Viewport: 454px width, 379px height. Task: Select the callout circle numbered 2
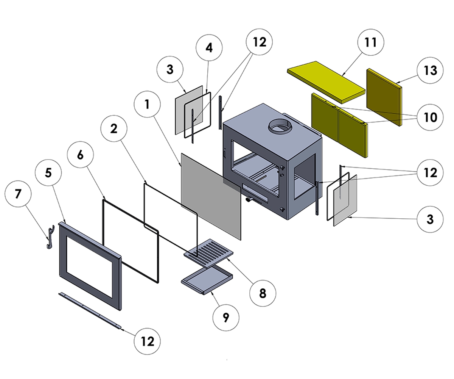[x=114, y=129]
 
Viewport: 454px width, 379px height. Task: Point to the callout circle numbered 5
[x=48, y=173]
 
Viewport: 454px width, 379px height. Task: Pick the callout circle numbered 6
[x=80, y=155]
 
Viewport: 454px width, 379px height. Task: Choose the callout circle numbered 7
[x=18, y=194]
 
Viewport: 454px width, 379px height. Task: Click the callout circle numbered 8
[x=263, y=293]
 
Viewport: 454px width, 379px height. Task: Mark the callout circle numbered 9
[x=226, y=317]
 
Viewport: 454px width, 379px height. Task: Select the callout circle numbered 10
[x=430, y=117]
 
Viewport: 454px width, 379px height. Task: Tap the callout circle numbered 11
[x=371, y=42]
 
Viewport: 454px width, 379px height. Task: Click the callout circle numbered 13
[x=431, y=70]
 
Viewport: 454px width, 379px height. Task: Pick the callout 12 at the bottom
[x=148, y=341]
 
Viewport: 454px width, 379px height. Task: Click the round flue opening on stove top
[x=280, y=126]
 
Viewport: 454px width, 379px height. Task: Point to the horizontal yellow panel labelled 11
[x=326, y=81]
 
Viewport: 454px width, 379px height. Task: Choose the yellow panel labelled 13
[x=383, y=97]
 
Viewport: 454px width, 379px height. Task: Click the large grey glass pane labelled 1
[x=211, y=196]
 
